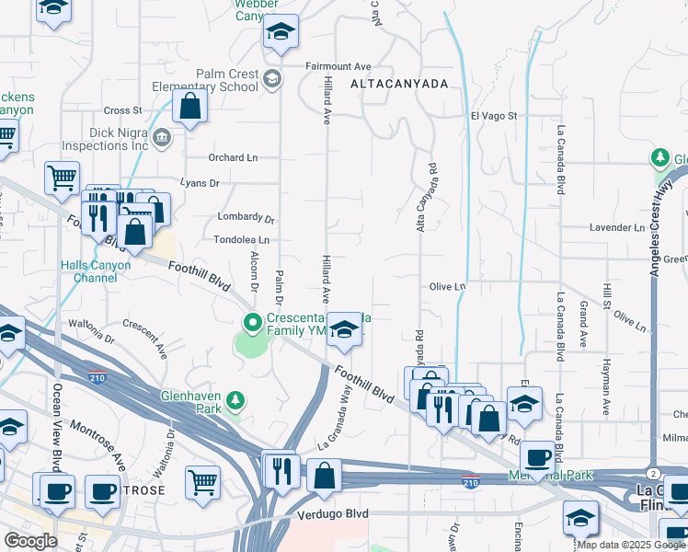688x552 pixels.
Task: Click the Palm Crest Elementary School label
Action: pyautogui.click(x=226, y=81)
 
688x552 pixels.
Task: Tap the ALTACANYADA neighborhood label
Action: pyautogui.click(x=399, y=84)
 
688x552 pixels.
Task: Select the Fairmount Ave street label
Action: pyautogui.click(x=338, y=66)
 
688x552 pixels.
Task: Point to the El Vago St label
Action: pyautogui.click(x=495, y=116)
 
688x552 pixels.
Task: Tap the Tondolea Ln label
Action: pyautogui.click(x=240, y=239)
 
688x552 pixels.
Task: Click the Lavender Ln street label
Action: pyautogui.click(x=616, y=227)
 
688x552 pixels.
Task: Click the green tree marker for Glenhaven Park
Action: pyautogui.click(x=236, y=400)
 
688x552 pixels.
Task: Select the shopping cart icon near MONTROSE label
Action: pyautogui.click(x=202, y=481)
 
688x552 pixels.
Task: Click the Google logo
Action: pyautogui.click(x=30, y=541)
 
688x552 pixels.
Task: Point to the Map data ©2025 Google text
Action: pyautogui.click(x=630, y=545)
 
